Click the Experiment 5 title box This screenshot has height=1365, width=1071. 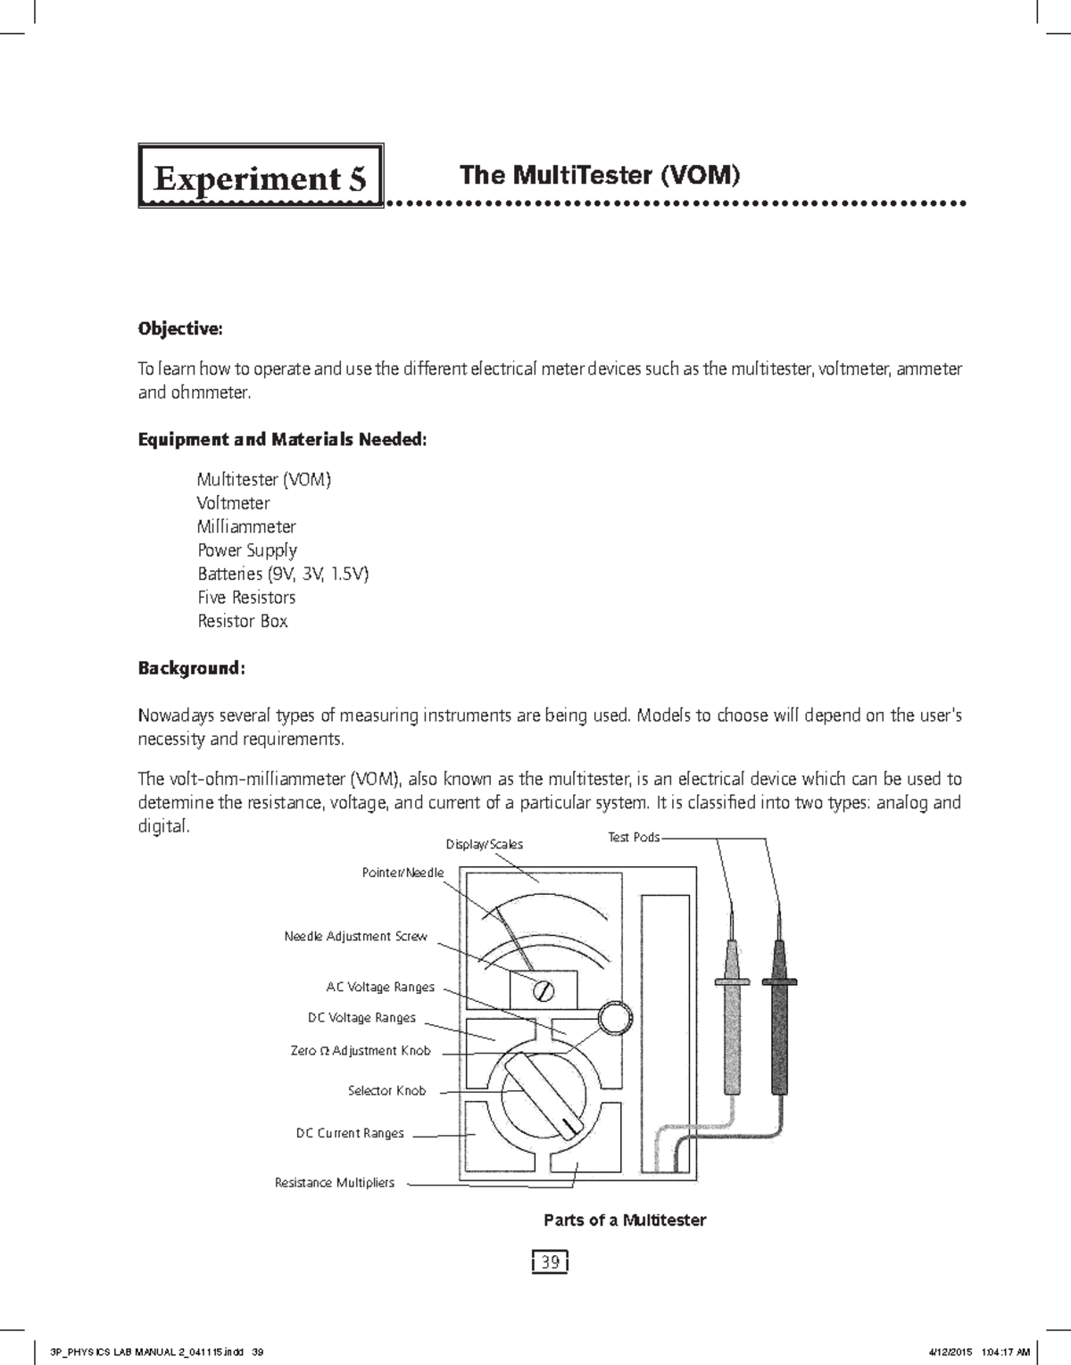(x=260, y=177)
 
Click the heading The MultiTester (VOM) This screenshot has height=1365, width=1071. (x=599, y=175)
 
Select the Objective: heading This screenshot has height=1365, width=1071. (x=179, y=328)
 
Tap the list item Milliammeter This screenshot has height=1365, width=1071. (x=246, y=526)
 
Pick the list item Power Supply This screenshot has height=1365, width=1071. (x=247, y=550)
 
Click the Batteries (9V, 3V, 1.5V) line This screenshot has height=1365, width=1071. (x=282, y=574)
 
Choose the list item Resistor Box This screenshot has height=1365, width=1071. (x=243, y=621)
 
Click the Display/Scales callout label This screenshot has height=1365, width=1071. (x=484, y=844)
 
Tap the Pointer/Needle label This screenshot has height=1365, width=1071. (x=403, y=873)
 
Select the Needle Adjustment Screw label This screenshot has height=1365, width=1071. (x=355, y=937)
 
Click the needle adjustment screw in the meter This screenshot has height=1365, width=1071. (x=543, y=990)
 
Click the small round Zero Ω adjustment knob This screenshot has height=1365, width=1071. (x=615, y=1018)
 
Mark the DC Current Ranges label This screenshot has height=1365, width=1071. (x=350, y=1133)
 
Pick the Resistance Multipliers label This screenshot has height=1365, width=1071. (x=335, y=1183)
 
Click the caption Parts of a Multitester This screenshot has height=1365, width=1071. (x=625, y=1220)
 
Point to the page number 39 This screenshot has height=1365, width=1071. (x=551, y=1262)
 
